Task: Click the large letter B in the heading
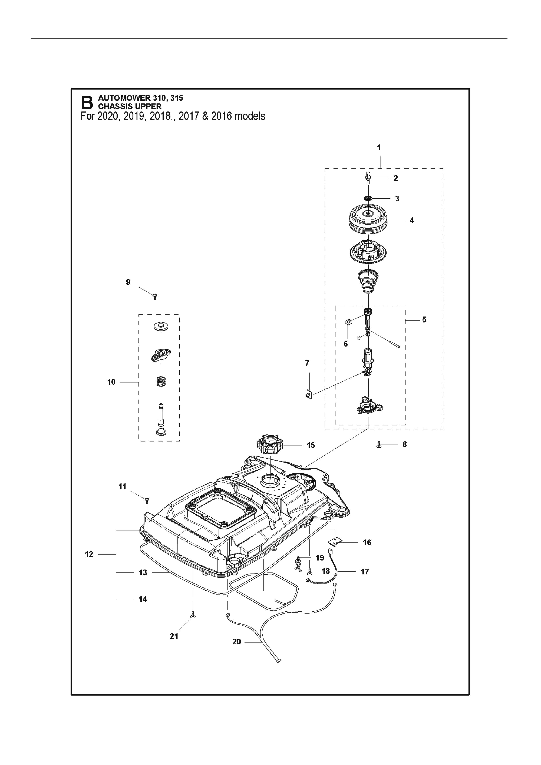[x=87, y=103]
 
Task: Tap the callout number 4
[x=412, y=220]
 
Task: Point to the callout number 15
[x=311, y=446]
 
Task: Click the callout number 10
[x=111, y=382]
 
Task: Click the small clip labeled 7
[x=309, y=395]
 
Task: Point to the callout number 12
[x=89, y=554]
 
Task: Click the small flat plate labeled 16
[x=336, y=542]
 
